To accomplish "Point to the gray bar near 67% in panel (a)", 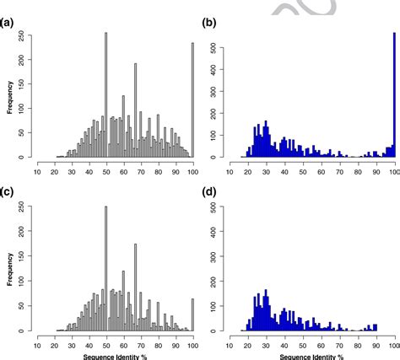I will (135, 110).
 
